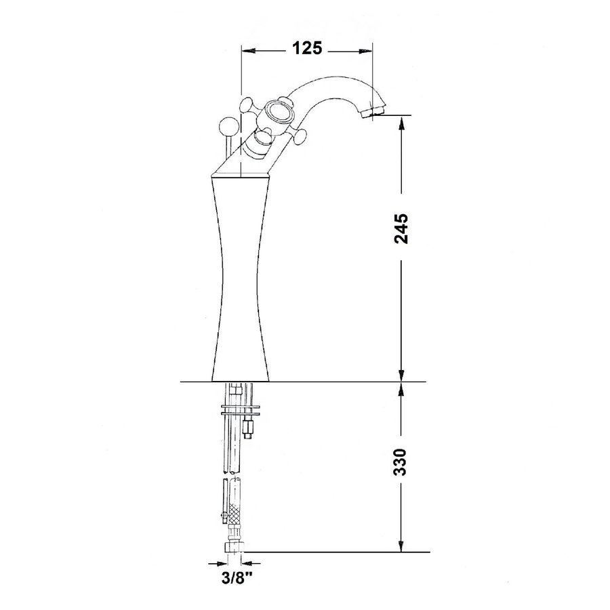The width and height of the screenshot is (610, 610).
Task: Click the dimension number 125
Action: coord(306,48)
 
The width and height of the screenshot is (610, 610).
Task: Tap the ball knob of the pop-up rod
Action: coord(229,126)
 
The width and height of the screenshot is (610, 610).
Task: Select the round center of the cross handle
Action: coord(278,111)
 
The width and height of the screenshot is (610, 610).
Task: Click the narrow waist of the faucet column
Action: coord(240,271)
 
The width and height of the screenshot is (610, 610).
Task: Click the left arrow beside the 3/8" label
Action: coord(217,563)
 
